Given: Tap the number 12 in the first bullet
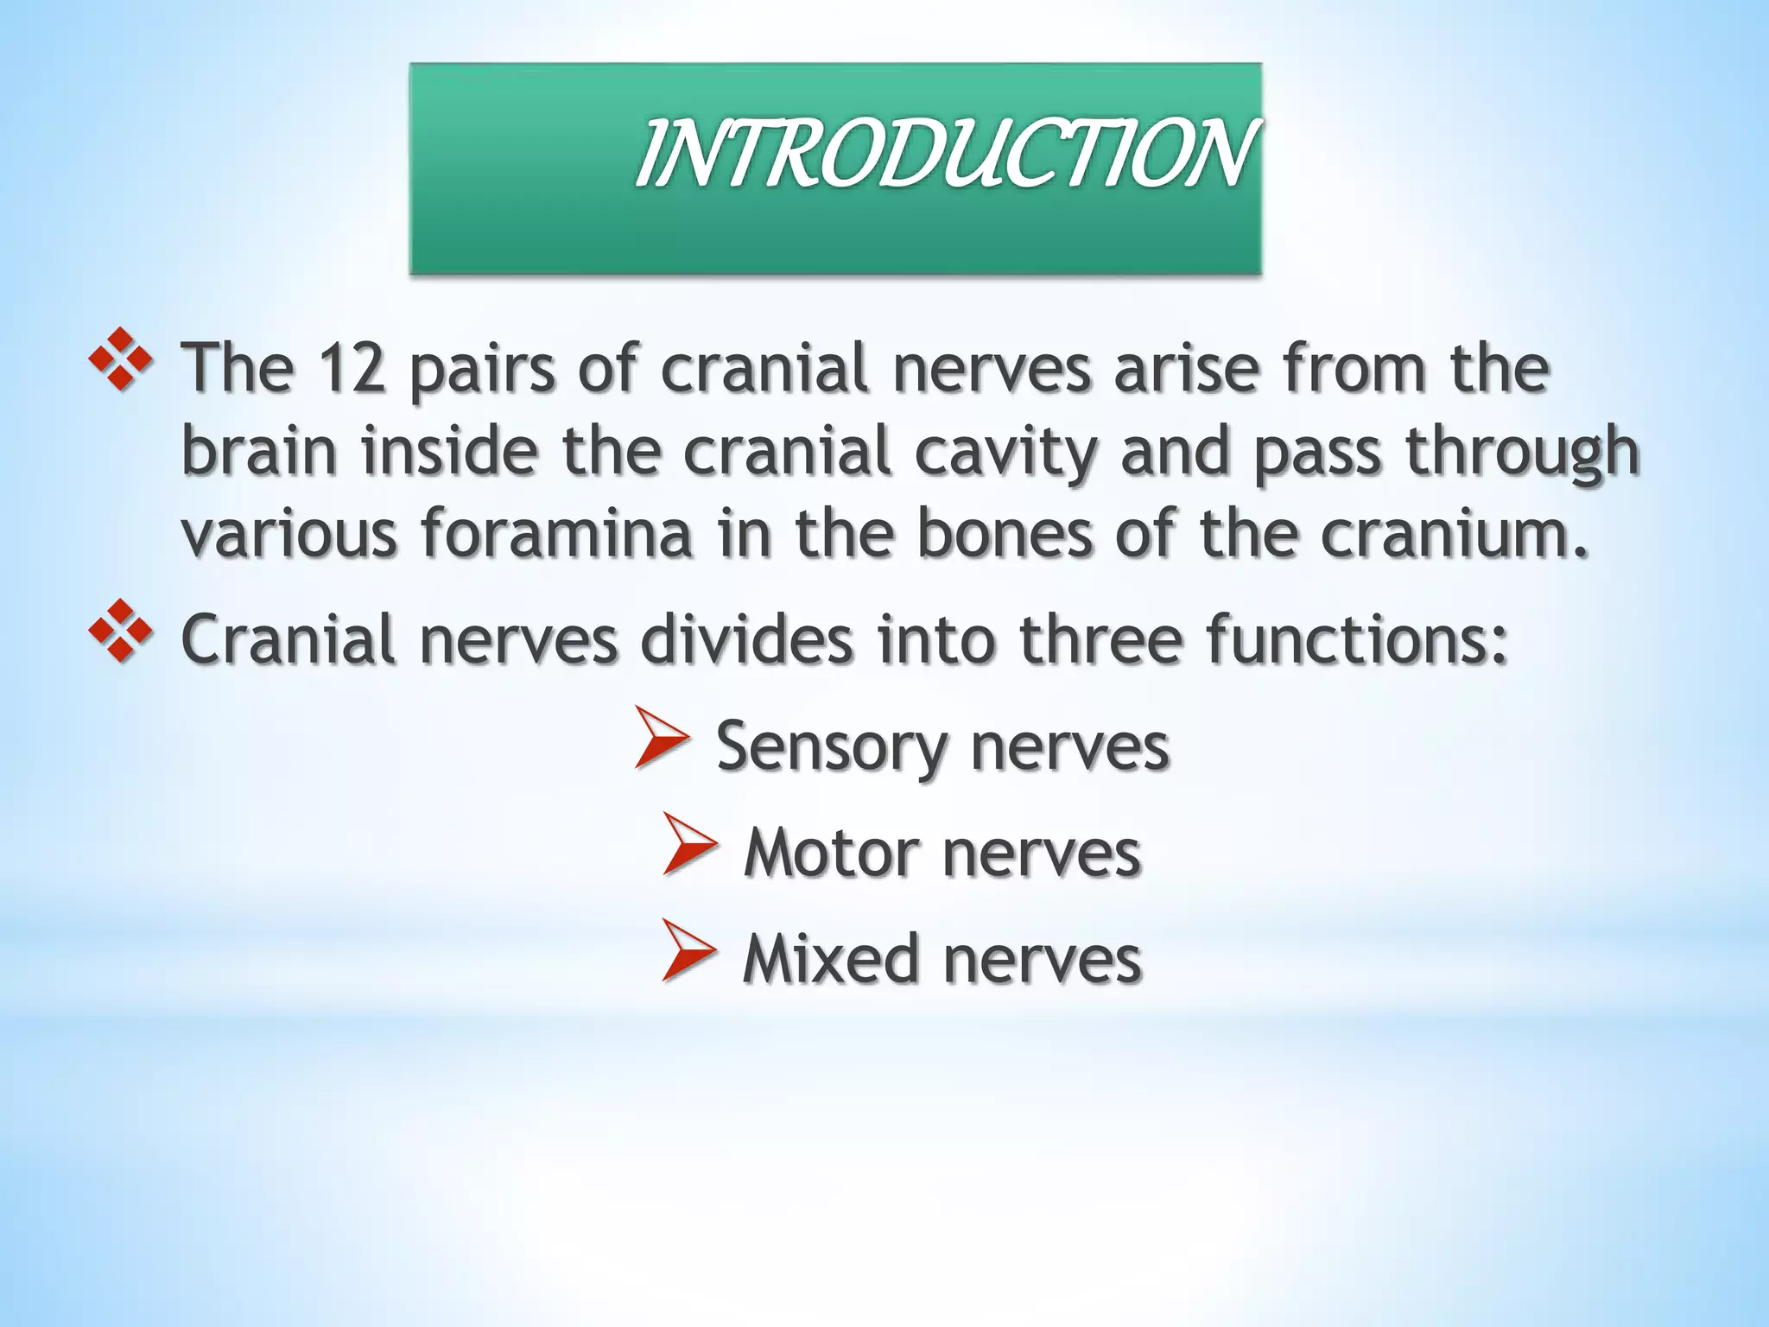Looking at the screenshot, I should (351, 369).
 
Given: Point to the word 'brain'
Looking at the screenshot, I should (259, 452).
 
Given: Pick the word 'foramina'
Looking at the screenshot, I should (557, 533).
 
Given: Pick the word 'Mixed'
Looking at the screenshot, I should (830, 959).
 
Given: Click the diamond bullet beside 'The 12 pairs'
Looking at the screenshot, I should (121, 359).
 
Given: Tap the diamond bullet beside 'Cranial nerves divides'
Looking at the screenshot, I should (121, 631).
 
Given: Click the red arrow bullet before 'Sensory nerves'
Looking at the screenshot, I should (662, 737).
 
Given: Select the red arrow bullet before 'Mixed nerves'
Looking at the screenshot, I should (689, 949).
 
